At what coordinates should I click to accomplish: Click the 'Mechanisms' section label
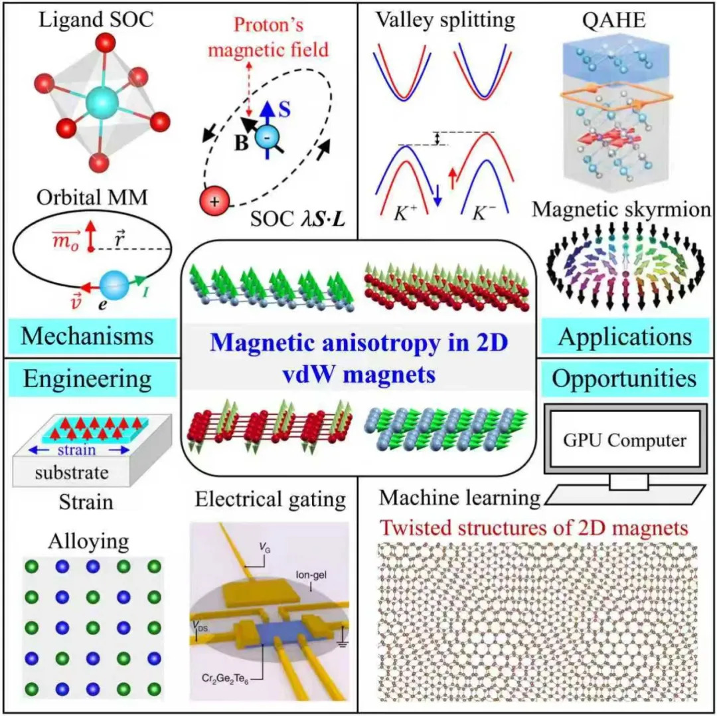(x=88, y=335)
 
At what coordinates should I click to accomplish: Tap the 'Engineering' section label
(x=88, y=380)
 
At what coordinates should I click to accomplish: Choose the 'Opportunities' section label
(x=624, y=379)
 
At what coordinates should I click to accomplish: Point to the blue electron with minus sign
(x=272, y=138)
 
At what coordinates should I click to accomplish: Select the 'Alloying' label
(x=80, y=542)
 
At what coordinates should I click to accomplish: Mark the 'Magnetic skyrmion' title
(x=622, y=210)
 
